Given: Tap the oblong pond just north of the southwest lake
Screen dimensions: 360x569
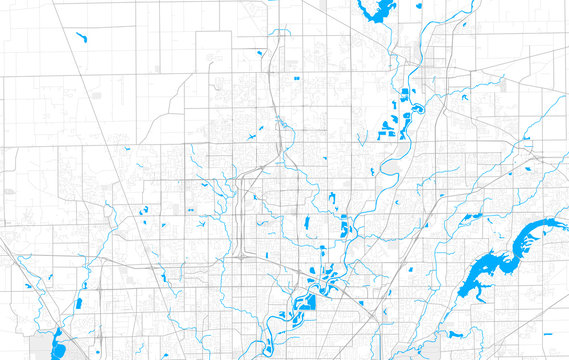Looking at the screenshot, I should click(x=78, y=303).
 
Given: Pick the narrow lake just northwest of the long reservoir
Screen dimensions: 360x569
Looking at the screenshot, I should click(x=457, y=246).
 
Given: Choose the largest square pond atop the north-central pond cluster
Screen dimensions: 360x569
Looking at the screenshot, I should click(x=404, y=95).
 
